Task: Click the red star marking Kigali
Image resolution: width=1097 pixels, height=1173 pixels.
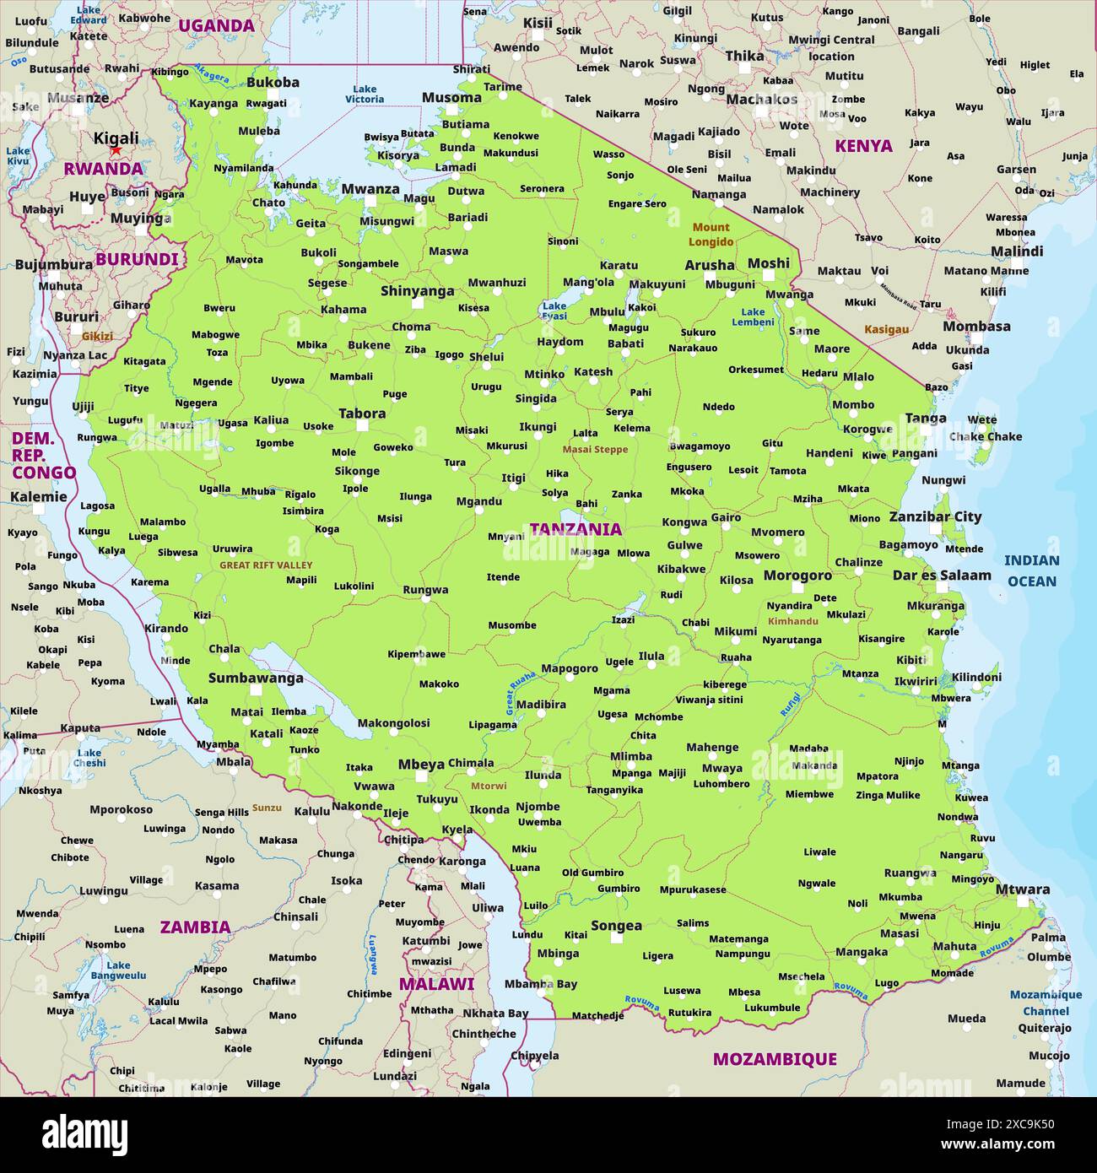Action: point(116,151)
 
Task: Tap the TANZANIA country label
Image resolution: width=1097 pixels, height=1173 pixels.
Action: point(576,529)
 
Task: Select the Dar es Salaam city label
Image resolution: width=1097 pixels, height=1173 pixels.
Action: point(942,576)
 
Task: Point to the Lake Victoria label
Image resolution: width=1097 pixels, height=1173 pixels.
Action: point(365,94)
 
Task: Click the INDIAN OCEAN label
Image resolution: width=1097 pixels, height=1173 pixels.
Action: point(1031,570)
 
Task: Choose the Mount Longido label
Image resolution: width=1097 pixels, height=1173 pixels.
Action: point(711,235)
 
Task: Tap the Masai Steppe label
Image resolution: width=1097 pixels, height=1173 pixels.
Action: point(595,450)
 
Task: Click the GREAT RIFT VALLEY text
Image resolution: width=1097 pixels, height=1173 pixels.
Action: point(266,565)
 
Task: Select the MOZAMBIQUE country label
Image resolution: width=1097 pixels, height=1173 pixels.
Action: point(775,1059)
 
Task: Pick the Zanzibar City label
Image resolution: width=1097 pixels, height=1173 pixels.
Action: point(935,516)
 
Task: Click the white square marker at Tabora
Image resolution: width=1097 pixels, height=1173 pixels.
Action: point(362,426)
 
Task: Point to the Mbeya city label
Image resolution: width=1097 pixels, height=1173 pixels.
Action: point(421,765)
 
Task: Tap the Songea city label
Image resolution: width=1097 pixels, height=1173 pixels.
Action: point(616,926)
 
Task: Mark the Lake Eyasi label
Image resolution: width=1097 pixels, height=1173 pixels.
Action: point(554,311)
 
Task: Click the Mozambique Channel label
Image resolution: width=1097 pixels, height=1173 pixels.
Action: point(1046,1003)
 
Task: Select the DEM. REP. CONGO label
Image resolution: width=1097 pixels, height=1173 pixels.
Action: point(43,456)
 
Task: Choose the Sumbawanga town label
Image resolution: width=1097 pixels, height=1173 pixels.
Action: point(256,678)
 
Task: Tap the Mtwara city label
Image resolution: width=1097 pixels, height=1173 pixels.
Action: point(1023,889)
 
